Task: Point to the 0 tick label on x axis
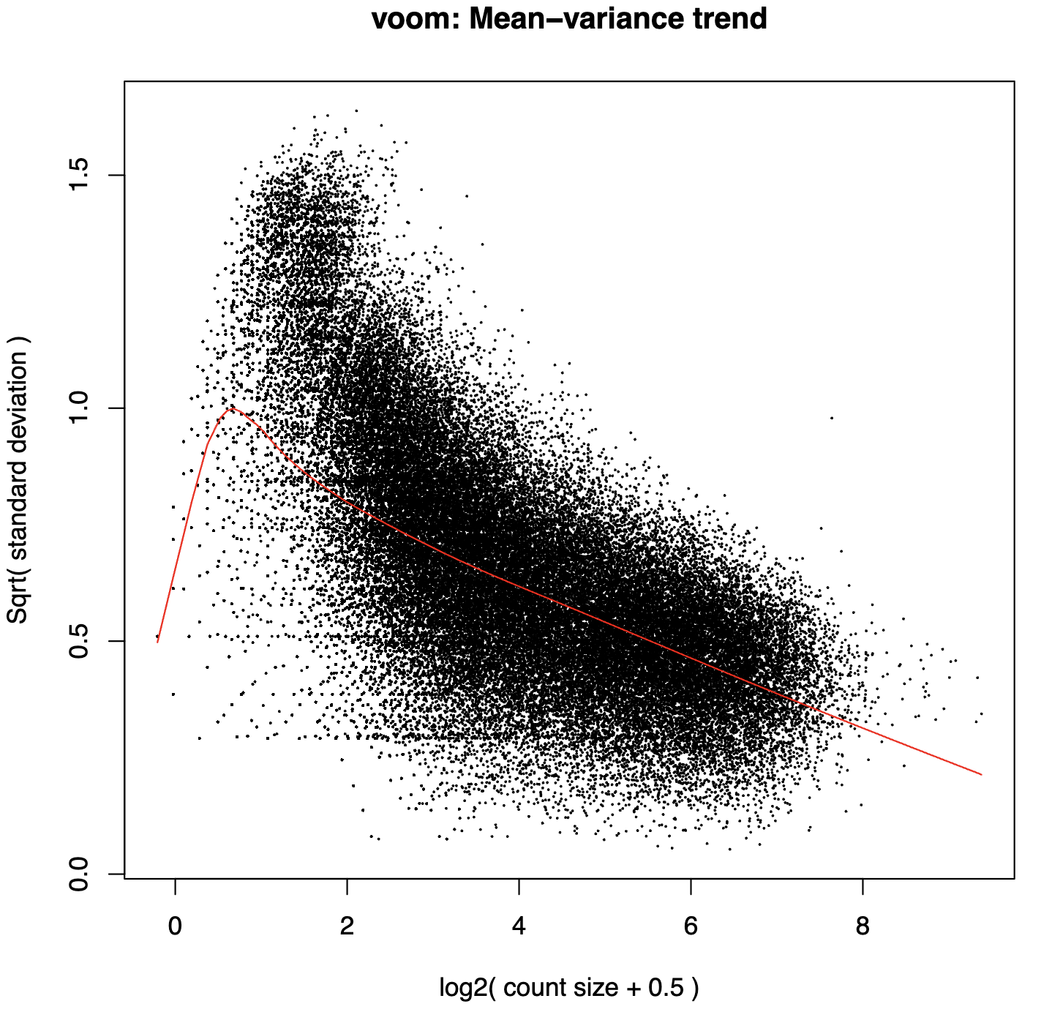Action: tap(175, 926)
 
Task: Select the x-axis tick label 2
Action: tap(347, 926)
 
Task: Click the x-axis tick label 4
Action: tap(519, 926)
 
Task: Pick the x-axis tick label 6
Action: tap(691, 926)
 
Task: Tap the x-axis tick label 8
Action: tap(863, 926)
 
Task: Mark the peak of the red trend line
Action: tap(232, 408)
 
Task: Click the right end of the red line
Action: tap(981, 774)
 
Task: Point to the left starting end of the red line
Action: tap(157, 642)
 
